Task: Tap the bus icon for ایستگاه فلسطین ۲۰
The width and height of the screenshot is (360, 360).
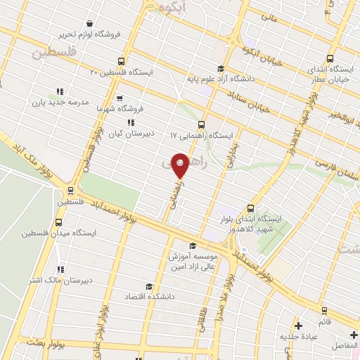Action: pyautogui.click(x=122, y=61)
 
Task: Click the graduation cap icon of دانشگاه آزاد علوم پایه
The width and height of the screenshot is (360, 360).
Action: pyautogui.click(x=221, y=69)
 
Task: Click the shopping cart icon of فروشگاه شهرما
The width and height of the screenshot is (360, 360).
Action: pyautogui.click(x=120, y=98)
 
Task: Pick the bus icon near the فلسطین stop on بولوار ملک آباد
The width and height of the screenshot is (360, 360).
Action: pyautogui.click(x=70, y=190)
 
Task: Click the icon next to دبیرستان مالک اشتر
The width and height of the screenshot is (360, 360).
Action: pyautogui.click(x=60, y=269)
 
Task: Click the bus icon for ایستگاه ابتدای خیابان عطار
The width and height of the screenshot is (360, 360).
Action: pyautogui.click(x=331, y=59)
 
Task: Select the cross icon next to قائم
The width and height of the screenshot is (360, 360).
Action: pyautogui.click(x=299, y=326)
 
